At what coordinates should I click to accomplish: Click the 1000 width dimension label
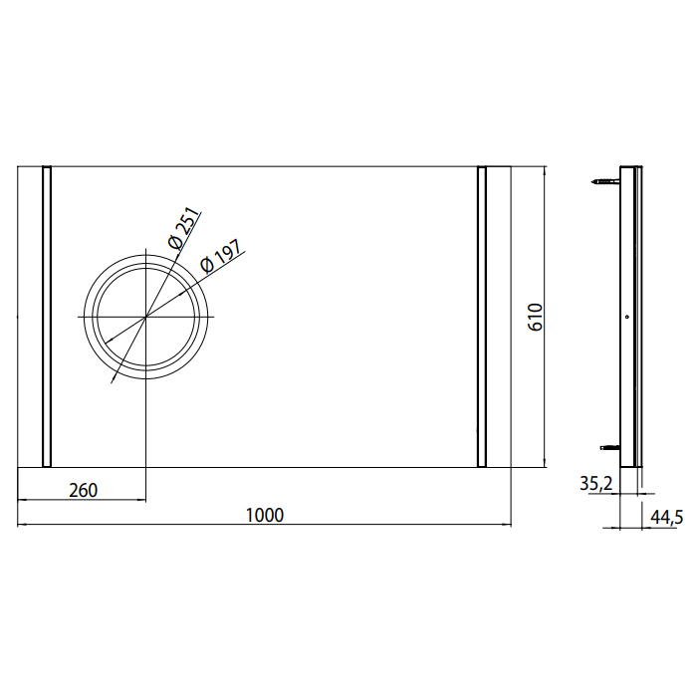point(265,515)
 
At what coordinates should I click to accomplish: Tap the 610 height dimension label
point(536,317)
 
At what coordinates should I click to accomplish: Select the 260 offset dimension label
point(83,490)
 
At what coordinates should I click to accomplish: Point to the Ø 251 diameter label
point(182,228)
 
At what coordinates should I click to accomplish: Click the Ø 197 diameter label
point(221,257)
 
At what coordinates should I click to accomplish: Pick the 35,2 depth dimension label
point(596,484)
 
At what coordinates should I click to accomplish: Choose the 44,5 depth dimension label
point(666,518)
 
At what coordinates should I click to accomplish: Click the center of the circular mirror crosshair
point(145,317)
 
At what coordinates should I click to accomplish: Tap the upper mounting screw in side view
point(605,181)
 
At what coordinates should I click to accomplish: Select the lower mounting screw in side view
point(610,448)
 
